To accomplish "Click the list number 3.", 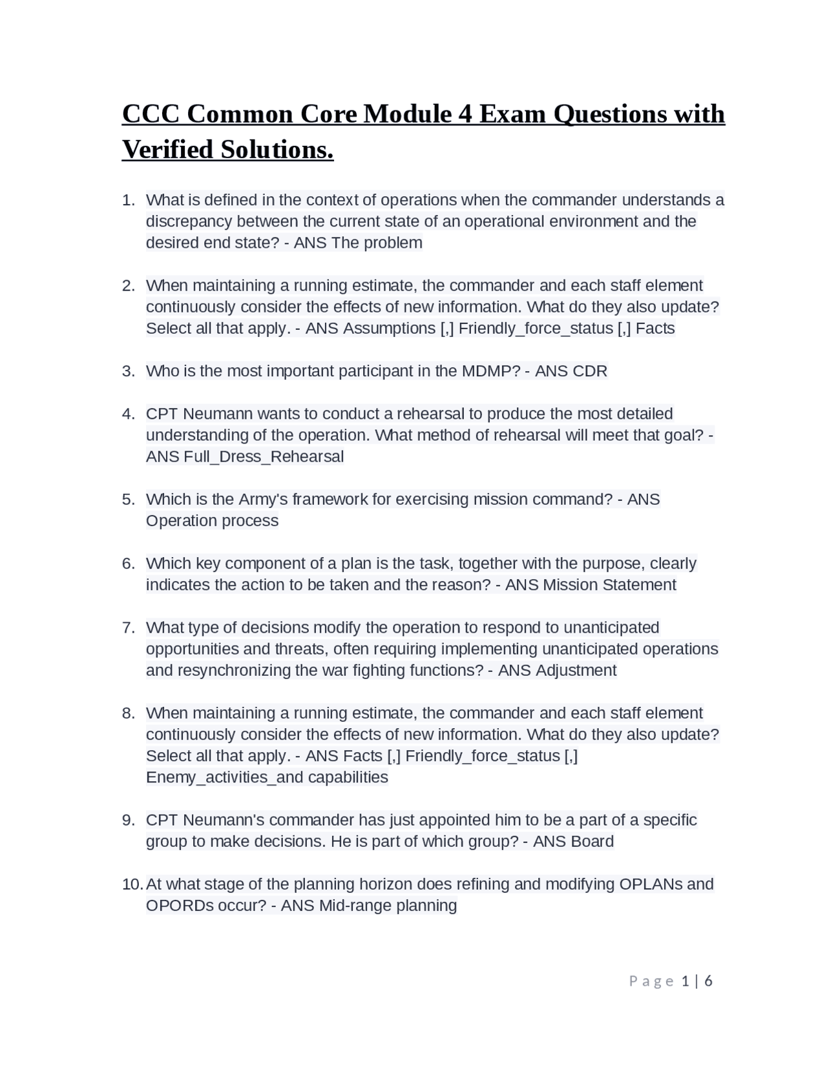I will (128, 371).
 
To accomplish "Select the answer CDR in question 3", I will (590, 371).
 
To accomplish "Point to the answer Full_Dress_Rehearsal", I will (264, 456).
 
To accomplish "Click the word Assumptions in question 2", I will (389, 328).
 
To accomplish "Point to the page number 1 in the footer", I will (686, 981).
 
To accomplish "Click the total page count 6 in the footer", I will (708, 981).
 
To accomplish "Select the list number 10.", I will (132, 884).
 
